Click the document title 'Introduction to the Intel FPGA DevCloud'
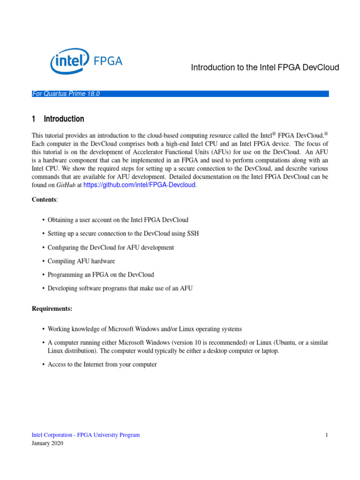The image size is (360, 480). (265, 67)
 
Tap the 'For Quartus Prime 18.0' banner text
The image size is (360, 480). (66, 94)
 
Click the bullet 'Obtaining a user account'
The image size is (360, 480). (118, 219)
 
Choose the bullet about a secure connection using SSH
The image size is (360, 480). (123, 233)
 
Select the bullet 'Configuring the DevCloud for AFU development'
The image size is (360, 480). (111, 247)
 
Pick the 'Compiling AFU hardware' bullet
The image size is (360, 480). (81, 261)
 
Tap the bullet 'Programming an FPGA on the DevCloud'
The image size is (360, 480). (101, 275)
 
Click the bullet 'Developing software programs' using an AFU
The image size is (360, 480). (120, 288)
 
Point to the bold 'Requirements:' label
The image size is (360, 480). (52, 309)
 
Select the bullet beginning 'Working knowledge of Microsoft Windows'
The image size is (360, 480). (145, 329)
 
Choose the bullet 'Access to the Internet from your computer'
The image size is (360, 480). (102, 364)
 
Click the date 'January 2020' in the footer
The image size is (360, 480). (47, 443)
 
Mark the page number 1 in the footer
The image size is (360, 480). (326, 435)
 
